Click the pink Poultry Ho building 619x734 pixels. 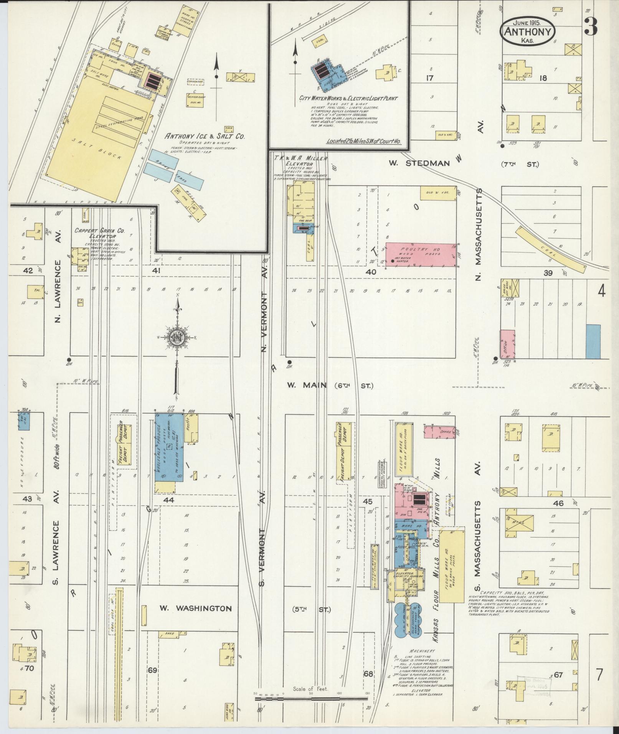pyautogui.click(x=421, y=255)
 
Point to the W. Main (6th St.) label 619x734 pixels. pyautogui.click(x=330, y=385)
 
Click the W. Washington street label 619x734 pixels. pyautogui.click(x=196, y=608)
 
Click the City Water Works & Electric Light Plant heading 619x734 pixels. pyautogui.click(x=348, y=99)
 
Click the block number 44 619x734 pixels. pyautogui.click(x=168, y=500)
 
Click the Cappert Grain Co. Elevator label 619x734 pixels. pyautogui.click(x=99, y=234)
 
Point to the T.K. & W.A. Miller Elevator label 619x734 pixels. pyautogui.click(x=300, y=161)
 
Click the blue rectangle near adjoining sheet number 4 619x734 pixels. pyautogui.click(x=593, y=341)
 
